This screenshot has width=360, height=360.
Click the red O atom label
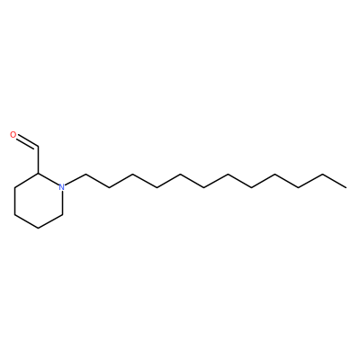click(x=13, y=135)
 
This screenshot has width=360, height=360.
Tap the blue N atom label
click(x=62, y=187)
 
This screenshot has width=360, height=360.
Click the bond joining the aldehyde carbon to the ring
click(x=38, y=160)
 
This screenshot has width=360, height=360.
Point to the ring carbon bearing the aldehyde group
click(x=38, y=174)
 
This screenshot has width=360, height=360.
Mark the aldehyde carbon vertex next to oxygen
click(x=38, y=147)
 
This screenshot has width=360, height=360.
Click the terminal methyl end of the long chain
click(x=346, y=187)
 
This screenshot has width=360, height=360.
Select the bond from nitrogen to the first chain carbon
click(x=76, y=180)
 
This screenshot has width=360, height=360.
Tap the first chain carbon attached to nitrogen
click(x=85, y=174)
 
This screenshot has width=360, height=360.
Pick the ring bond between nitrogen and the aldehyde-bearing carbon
click(x=49, y=179)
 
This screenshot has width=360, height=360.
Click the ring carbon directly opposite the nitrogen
click(x=14, y=214)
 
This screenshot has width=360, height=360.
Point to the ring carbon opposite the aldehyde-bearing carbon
click(x=38, y=228)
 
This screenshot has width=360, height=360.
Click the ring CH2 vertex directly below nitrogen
click(x=62, y=214)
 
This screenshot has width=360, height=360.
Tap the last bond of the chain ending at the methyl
click(x=334, y=181)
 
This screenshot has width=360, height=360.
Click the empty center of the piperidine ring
click(x=38, y=201)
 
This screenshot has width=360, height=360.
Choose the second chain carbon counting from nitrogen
click(x=109, y=188)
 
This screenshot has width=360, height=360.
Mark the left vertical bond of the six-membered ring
click(x=14, y=201)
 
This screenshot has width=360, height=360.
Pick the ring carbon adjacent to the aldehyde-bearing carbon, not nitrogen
click(x=14, y=187)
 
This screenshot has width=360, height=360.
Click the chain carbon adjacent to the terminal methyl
click(x=322, y=174)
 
